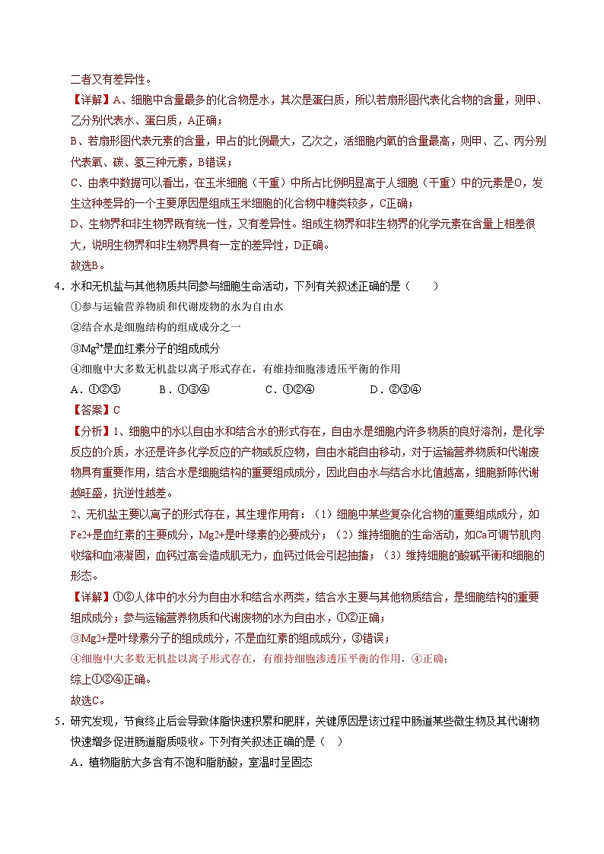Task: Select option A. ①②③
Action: (x=94, y=389)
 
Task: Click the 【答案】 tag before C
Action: (x=90, y=410)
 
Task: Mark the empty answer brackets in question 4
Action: (x=422, y=287)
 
